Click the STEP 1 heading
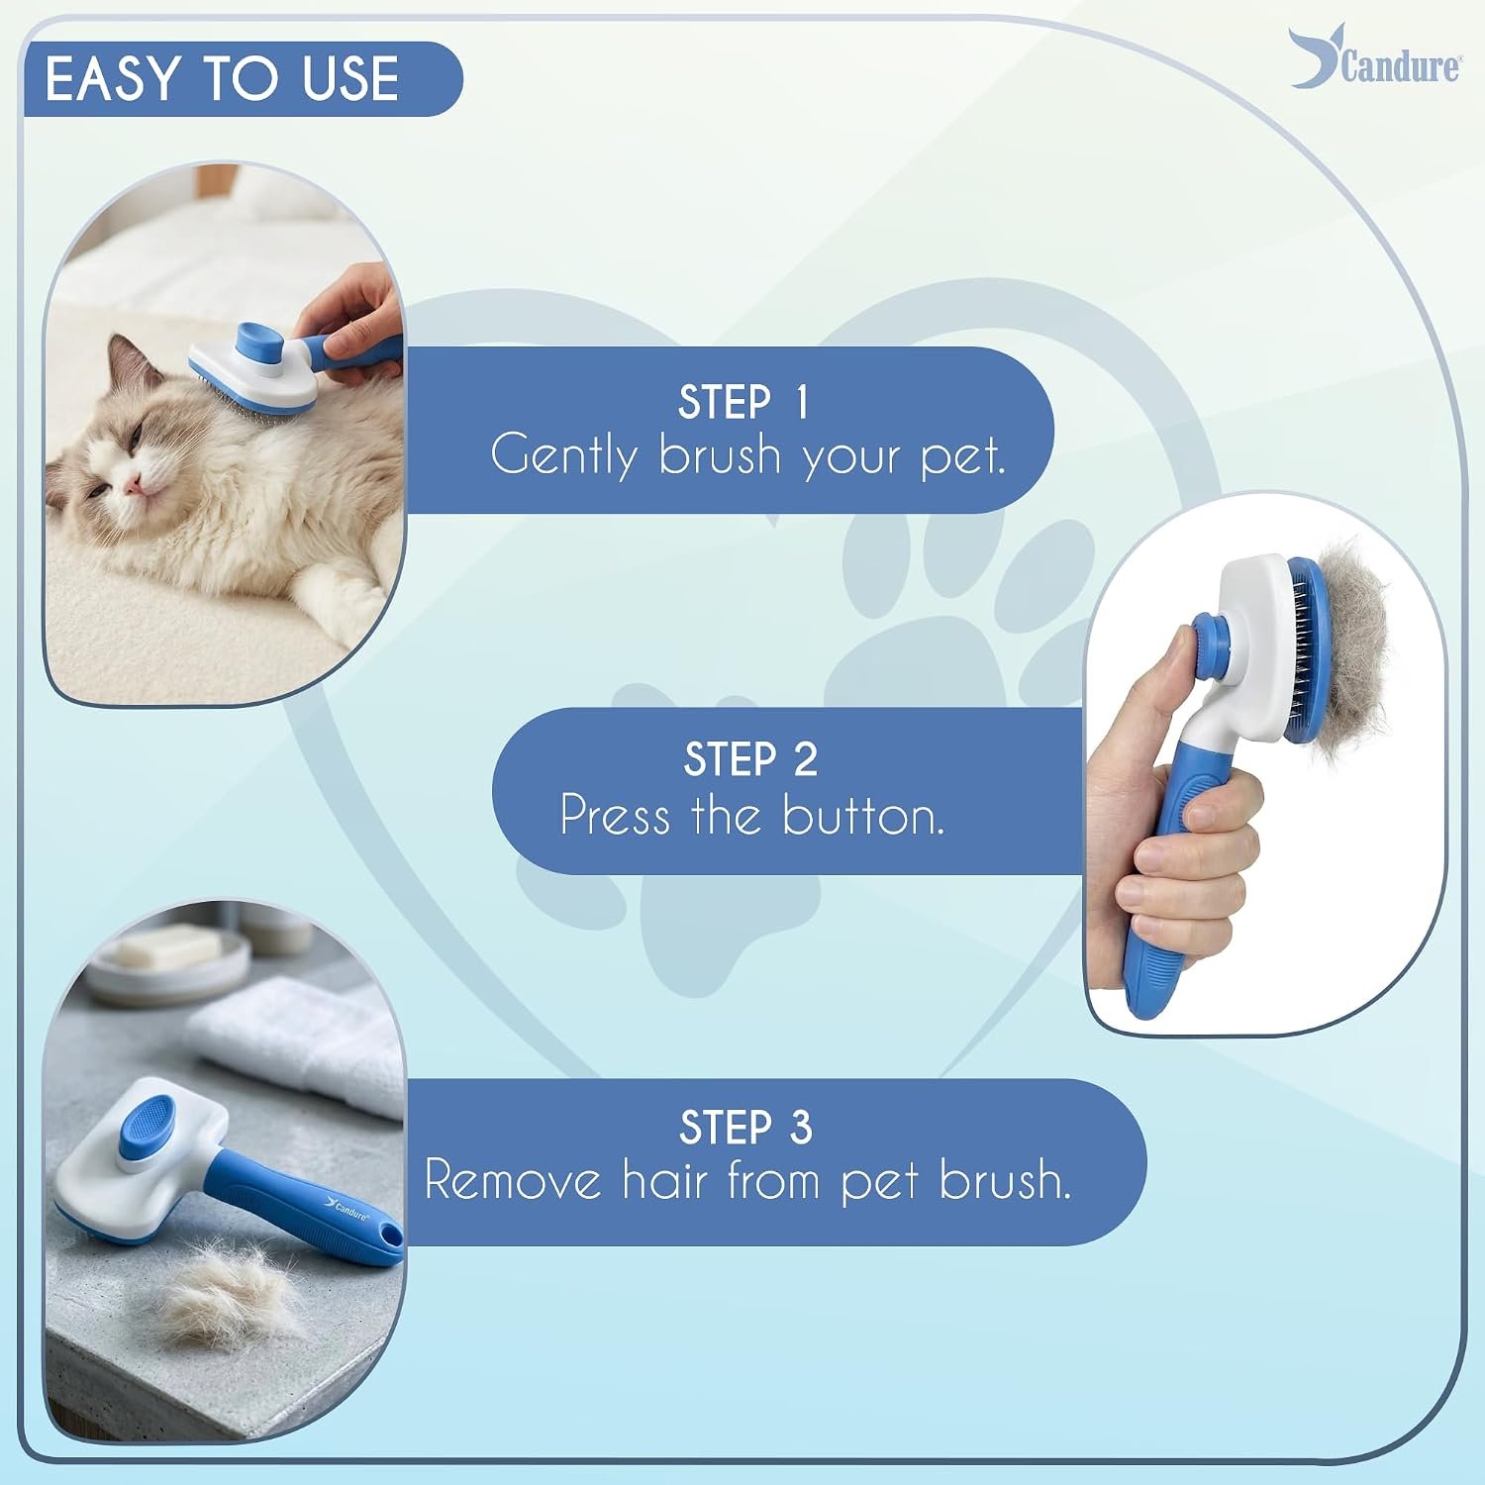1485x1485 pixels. [x=743, y=402]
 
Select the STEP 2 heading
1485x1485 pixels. [x=750, y=759]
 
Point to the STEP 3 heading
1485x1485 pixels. [x=745, y=1128]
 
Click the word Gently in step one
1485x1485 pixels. [x=563, y=455]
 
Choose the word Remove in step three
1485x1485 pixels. [x=513, y=1180]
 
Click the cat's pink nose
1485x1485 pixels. [x=130, y=483]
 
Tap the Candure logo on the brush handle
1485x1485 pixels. [x=346, y=1209]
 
